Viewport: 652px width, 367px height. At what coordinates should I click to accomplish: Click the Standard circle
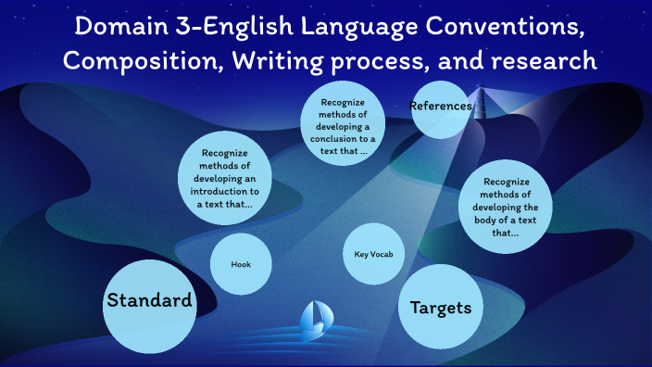[x=149, y=300]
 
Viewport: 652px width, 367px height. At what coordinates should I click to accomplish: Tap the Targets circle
[x=441, y=308]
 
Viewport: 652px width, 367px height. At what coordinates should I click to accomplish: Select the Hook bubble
[x=241, y=264]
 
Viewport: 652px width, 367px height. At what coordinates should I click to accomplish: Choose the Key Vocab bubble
[x=374, y=254]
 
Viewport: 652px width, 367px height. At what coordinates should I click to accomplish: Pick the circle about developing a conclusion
[x=344, y=126]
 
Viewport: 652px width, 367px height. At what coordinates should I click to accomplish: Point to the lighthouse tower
[x=479, y=102]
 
